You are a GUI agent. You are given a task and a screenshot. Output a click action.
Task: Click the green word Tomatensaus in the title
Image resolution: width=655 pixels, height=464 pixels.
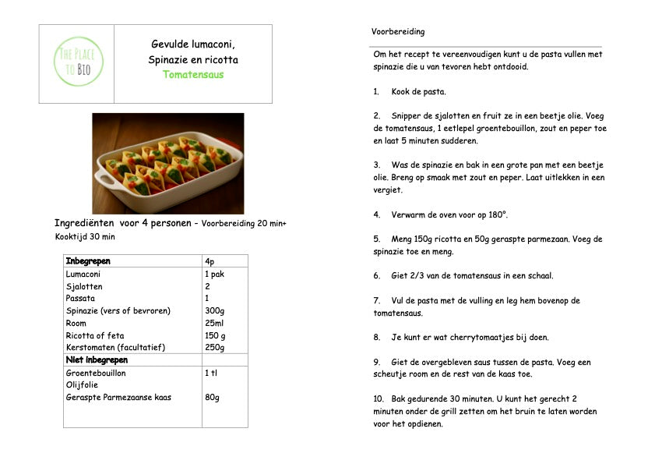point(193,75)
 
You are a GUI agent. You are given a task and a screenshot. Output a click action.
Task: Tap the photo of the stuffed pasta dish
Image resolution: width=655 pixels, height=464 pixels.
point(167,163)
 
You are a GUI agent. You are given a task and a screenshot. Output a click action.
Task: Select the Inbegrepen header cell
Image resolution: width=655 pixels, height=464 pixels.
point(88,261)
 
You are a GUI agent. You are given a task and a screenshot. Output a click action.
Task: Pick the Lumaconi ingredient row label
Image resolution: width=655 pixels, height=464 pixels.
point(83,275)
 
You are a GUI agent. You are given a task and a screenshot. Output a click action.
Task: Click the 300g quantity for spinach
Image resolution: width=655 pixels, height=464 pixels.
point(214,311)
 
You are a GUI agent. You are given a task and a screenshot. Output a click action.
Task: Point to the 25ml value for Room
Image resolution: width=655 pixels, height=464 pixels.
point(214,323)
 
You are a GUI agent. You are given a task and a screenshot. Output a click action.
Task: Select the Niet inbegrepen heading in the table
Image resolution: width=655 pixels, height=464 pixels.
point(97,360)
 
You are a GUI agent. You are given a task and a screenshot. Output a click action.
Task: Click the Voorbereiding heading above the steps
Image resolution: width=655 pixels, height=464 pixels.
point(398,32)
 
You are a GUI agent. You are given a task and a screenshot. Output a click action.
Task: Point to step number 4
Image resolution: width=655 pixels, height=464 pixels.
point(376,214)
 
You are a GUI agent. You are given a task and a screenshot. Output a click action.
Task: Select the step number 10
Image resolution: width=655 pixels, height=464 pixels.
point(379,398)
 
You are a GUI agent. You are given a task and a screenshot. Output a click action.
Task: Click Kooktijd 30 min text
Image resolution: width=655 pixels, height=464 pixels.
point(85,236)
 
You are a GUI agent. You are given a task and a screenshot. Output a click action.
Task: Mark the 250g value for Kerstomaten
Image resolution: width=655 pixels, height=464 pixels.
point(214,347)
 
